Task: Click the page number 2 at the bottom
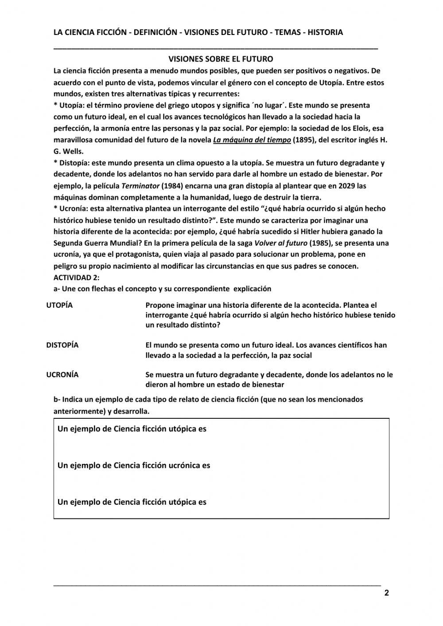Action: [386, 593]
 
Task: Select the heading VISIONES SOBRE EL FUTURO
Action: [221, 59]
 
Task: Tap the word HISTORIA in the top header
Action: [325, 32]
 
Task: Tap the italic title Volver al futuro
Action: [280, 243]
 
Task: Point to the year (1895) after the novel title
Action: [305, 140]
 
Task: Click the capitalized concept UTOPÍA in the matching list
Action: [59, 305]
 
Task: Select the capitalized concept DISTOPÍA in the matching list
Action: [62, 345]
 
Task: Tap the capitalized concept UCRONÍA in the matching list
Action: [62, 375]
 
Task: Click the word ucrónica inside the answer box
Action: [184, 465]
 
